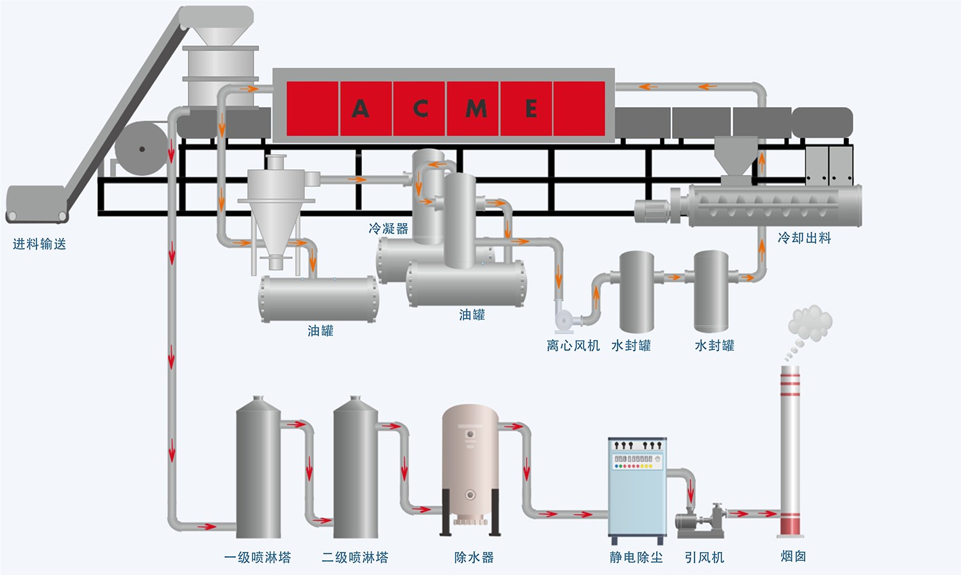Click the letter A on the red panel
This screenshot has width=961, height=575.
(360, 108)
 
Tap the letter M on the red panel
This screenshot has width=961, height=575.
(476, 108)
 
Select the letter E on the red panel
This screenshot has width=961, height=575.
(531, 108)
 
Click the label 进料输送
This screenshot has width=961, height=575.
(40, 244)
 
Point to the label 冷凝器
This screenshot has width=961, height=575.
(388, 228)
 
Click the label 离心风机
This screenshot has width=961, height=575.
(573, 346)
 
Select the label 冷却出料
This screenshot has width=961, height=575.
(804, 238)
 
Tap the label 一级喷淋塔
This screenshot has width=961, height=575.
(258, 557)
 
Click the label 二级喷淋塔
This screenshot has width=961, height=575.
(355, 557)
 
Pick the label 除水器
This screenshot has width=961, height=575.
(474, 557)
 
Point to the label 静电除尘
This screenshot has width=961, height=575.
(636, 557)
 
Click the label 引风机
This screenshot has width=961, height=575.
(704, 557)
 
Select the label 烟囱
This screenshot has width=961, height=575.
(793, 556)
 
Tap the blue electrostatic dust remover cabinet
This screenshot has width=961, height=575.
(637, 487)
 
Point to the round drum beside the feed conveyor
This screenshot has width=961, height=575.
(142, 149)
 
